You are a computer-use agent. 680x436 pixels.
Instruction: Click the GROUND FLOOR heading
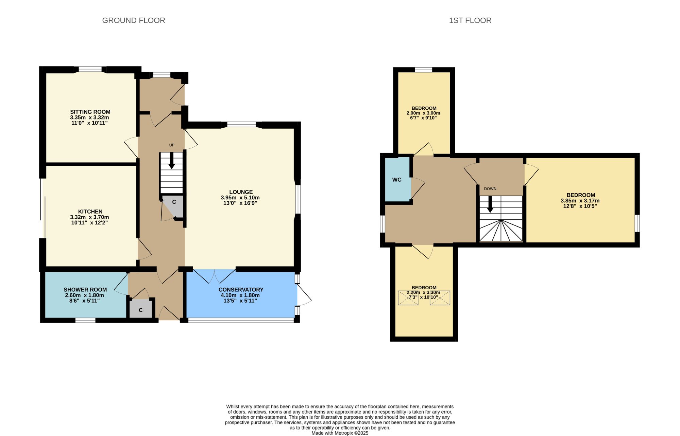click(x=134, y=20)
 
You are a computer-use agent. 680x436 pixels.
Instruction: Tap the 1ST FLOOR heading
click(x=470, y=20)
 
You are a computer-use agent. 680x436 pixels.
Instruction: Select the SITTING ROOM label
click(x=90, y=112)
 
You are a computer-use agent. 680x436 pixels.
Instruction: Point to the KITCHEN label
click(x=90, y=212)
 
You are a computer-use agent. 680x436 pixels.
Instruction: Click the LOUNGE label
click(x=241, y=192)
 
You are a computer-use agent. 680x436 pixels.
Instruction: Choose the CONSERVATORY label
click(x=241, y=290)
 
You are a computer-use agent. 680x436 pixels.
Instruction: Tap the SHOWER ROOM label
click(x=85, y=290)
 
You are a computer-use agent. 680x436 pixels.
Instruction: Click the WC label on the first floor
click(x=397, y=180)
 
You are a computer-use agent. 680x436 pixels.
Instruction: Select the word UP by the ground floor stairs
click(x=172, y=145)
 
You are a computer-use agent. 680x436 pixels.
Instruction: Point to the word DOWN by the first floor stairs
click(x=490, y=189)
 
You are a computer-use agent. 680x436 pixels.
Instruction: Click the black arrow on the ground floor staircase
click(x=172, y=160)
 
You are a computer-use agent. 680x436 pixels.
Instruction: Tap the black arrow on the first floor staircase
click(x=490, y=204)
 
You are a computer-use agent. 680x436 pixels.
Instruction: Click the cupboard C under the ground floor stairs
click(x=174, y=202)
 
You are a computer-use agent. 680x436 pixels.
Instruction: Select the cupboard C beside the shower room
click(x=140, y=310)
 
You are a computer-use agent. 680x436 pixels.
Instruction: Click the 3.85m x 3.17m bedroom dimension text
click(x=580, y=201)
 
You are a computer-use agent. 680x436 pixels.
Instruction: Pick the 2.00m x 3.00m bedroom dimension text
click(x=423, y=113)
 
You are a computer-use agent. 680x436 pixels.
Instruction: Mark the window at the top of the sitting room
click(x=90, y=69)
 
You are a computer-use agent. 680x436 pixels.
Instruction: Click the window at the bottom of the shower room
click(x=85, y=320)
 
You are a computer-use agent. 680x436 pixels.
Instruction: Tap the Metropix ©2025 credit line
click(x=340, y=433)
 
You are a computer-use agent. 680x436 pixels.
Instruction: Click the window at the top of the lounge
click(x=241, y=125)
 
